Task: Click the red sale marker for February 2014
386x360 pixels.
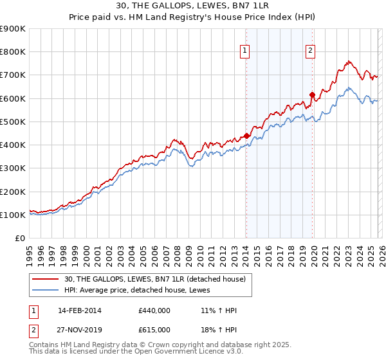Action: (x=246, y=136)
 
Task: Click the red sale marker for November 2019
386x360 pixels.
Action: (x=312, y=95)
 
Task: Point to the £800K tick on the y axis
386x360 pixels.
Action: (x=13, y=52)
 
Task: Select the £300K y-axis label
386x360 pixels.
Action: (x=13, y=168)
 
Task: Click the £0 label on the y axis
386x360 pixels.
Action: (x=19, y=239)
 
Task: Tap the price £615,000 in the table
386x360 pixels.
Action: (x=154, y=330)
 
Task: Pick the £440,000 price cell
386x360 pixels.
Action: (x=154, y=311)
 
